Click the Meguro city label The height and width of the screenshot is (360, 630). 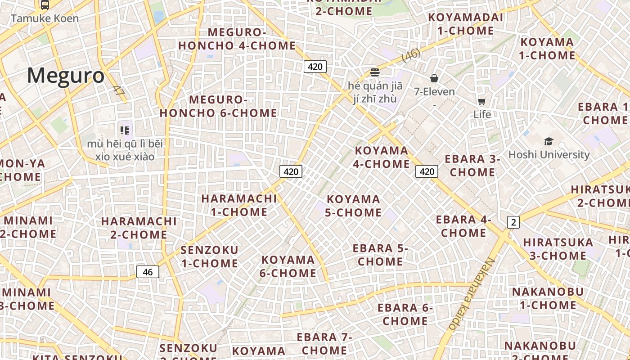pyautogui.click(x=66, y=76)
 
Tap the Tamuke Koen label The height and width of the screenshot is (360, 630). pyautogui.click(x=45, y=18)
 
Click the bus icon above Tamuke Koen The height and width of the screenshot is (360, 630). pyautogui.click(x=45, y=5)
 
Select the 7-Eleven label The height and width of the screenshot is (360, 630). pyautogui.click(x=434, y=92)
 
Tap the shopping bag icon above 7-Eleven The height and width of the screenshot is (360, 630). pyautogui.click(x=434, y=78)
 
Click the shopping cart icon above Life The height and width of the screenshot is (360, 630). pyautogui.click(x=482, y=101)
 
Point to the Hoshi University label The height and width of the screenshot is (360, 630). pyautogui.click(x=549, y=154)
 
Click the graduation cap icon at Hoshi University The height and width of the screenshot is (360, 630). pyautogui.click(x=549, y=142)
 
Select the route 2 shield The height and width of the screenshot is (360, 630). pyautogui.click(x=513, y=222)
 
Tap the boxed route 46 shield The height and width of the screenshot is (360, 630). pyautogui.click(x=148, y=272)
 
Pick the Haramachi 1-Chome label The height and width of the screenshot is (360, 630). pyautogui.click(x=239, y=205)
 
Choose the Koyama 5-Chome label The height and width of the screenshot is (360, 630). pyautogui.click(x=353, y=206)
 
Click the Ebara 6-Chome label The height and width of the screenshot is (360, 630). pyautogui.click(x=405, y=315)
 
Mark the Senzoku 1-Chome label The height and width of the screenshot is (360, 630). pyautogui.click(x=209, y=256)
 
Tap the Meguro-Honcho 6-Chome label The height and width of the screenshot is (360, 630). pyautogui.click(x=218, y=107)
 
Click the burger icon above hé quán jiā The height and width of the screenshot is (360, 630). pyautogui.click(x=374, y=72)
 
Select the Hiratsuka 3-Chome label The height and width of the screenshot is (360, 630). pyautogui.click(x=558, y=249)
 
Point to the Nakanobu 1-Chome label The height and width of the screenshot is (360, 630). pyautogui.click(x=548, y=298)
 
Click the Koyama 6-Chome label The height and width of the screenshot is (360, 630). pyautogui.click(x=288, y=266)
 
